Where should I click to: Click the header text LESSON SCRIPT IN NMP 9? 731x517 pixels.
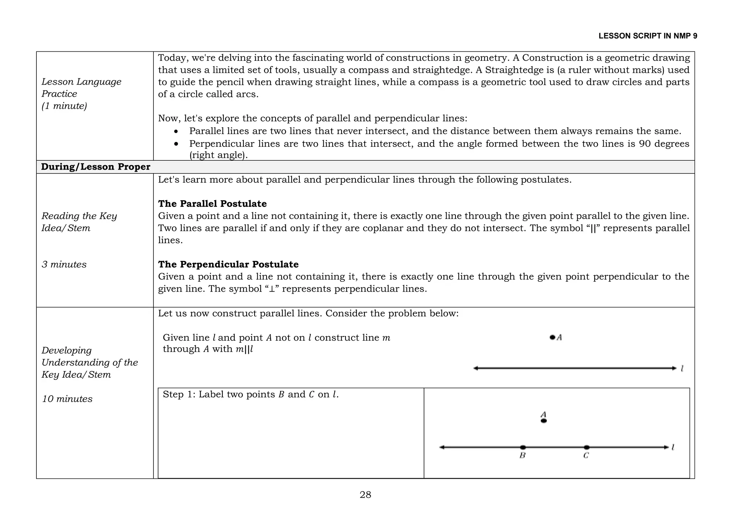647,36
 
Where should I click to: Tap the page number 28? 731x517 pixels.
365,495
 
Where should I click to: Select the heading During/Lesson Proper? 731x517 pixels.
96,167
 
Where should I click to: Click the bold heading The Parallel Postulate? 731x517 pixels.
212,204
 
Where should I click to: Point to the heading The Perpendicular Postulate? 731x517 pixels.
228,265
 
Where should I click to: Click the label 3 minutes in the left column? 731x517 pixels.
64,265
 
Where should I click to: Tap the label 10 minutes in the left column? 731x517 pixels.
67,399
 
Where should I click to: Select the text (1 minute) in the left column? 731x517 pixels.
64,106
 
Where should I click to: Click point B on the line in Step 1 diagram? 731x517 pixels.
523,447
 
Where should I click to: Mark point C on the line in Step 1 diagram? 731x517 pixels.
586,447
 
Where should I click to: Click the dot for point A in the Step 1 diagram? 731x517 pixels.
544,421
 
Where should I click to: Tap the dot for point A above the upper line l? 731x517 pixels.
552,337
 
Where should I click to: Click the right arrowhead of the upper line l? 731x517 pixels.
674,368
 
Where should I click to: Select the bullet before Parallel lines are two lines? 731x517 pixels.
176,132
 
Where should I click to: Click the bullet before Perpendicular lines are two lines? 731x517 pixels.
176,144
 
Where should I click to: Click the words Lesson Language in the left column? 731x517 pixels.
81,82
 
